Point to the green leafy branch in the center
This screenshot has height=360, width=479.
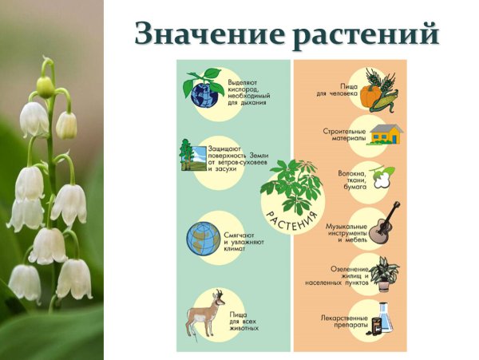point(291,183)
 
